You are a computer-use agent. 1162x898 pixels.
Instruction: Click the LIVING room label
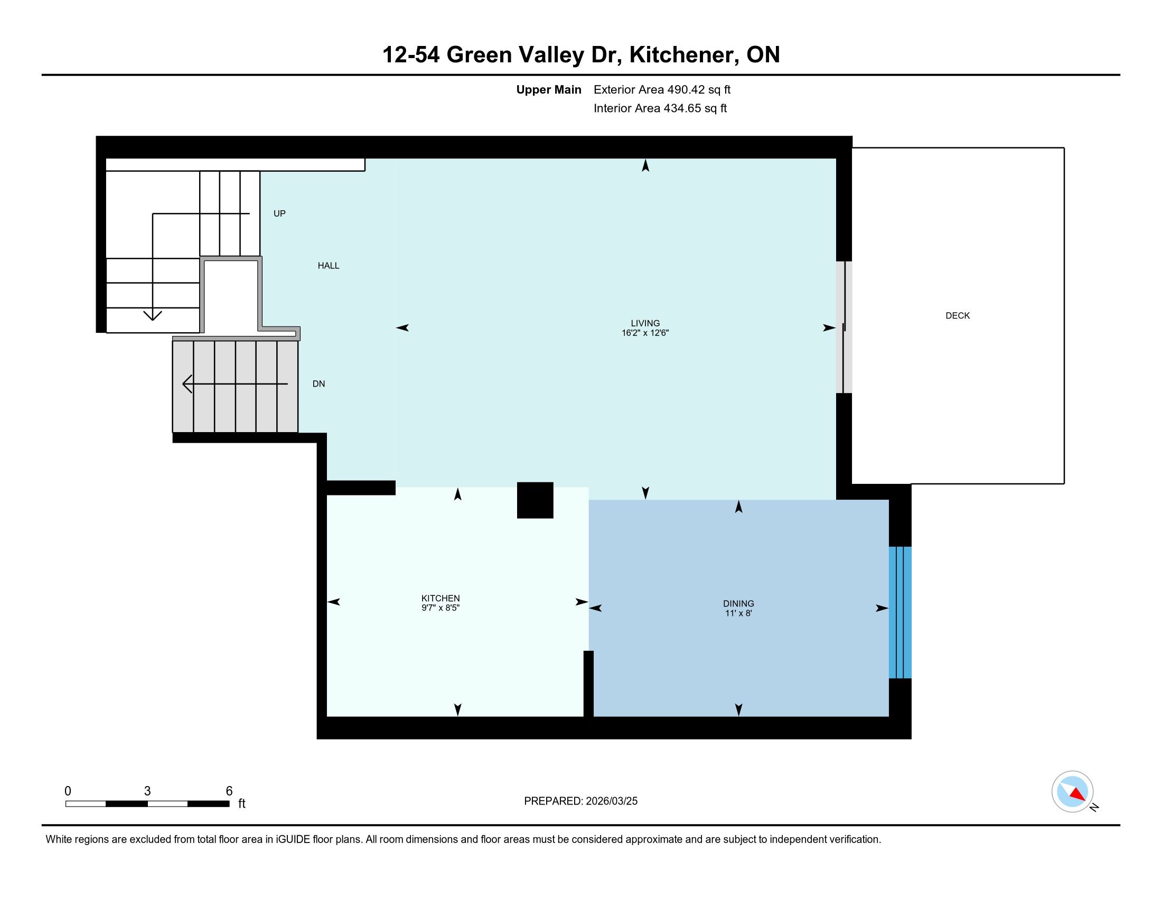coord(645,323)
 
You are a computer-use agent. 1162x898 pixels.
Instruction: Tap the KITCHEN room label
coord(441,598)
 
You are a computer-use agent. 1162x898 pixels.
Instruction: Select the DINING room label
coord(738,604)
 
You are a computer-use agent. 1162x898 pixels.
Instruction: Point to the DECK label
coord(958,315)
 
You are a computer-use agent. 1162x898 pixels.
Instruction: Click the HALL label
coord(329,266)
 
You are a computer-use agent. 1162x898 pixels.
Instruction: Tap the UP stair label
coord(279,213)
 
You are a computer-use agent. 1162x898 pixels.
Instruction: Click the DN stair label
coord(318,383)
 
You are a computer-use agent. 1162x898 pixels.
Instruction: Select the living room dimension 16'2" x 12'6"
coord(645,333)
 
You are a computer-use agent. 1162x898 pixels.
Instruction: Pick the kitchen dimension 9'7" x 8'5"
coord(441,607)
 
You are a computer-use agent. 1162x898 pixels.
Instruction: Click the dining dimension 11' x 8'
coord(738,613)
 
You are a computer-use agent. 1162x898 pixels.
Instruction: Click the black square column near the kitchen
coord(535,500)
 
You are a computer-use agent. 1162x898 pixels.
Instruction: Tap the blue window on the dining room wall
coord(900,612)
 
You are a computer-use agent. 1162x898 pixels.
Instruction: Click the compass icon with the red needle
coord(1072,791)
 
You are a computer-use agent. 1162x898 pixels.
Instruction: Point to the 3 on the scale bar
coord(147,791)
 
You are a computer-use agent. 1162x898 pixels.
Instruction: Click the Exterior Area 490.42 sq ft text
coord(662,90)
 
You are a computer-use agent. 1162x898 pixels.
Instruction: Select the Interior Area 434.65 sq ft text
coord(660,108)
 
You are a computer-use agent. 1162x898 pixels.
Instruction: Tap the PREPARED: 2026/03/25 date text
coord(580,801)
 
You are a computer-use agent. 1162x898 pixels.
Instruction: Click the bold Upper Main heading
coord(549,90)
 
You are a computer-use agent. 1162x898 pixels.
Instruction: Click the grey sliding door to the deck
coord(844,327)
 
